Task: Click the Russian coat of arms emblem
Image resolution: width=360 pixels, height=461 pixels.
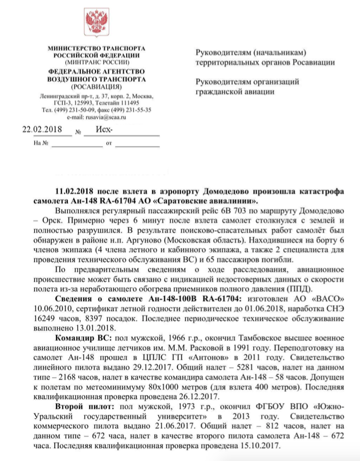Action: coord(95,23)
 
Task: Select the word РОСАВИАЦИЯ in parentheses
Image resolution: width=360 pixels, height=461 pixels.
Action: coord(95,87)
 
